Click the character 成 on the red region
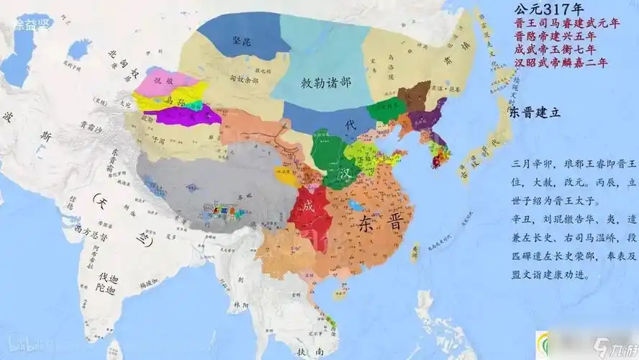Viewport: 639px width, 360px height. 309,205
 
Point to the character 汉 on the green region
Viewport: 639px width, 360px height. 345,174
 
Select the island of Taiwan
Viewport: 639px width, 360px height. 416,252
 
